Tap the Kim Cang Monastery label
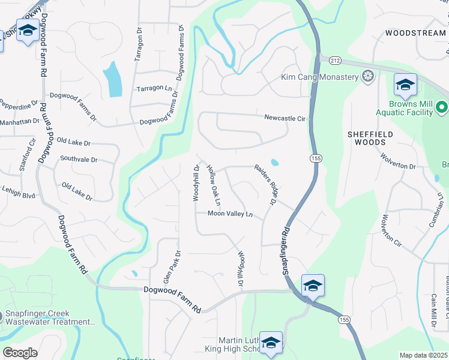[x=320, y=77]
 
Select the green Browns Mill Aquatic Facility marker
[x=442, y=108]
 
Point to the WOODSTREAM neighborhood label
[x=415, y=33]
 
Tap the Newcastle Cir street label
[x=285, y=118]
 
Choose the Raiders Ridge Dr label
[x=264, y=186]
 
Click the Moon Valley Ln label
[x=230, y=214]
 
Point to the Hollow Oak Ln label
[x=213, y=182]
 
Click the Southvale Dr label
[x=79, y=159]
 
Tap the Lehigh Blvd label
[x=17, y=188]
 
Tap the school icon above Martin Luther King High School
[x=270, y=341]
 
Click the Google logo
[x=20, y=353]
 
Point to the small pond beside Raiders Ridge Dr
[x=274, y=162]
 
